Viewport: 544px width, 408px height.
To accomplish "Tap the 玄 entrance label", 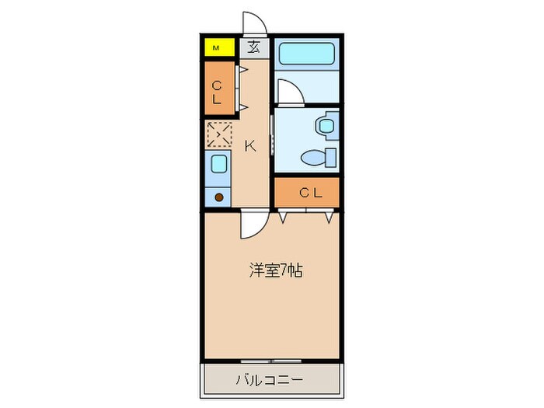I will (253, 47).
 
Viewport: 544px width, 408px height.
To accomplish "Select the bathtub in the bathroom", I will (306, 54).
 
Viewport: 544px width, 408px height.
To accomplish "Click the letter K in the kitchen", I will (251, 145).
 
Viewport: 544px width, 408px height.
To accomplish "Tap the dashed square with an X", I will (218, 134).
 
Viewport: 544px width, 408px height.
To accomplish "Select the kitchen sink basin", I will (218, 164).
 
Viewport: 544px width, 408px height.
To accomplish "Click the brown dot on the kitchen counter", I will (218, 197).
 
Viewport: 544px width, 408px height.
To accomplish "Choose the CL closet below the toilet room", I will (307, 192).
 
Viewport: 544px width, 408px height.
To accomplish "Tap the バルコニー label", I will (270, 381).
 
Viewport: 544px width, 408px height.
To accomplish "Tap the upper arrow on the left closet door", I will (242, 71).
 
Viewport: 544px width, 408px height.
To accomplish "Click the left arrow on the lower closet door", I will (284, 218).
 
